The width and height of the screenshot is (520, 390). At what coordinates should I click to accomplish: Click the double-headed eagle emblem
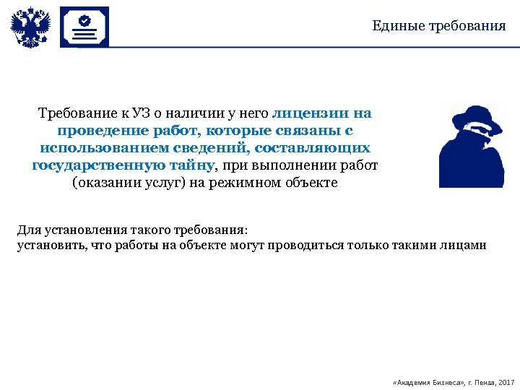(30, 27)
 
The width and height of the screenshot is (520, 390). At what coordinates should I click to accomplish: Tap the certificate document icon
(84, 27)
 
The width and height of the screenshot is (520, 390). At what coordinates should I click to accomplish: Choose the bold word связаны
(303, 131)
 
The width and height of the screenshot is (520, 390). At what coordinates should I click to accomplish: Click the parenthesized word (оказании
(102, 183)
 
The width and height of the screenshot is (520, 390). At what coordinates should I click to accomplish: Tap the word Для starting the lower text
(29, 230)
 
